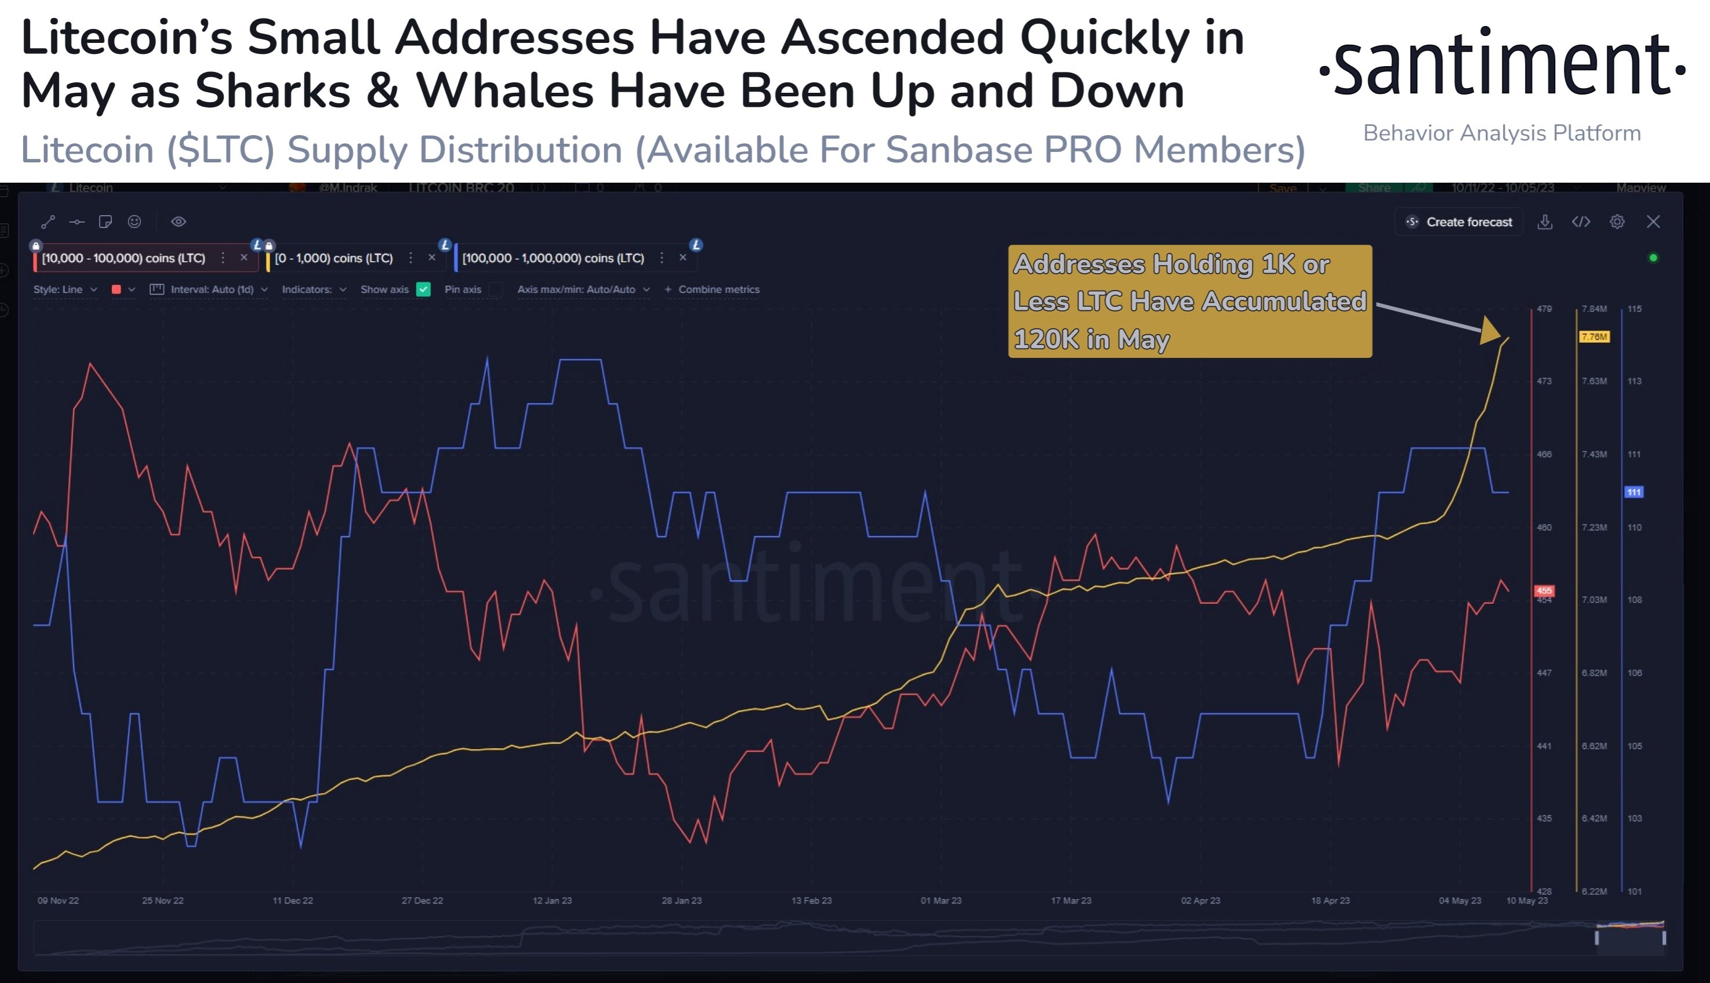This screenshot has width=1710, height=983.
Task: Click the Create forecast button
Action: pyautogui.click(x=1459, y=222)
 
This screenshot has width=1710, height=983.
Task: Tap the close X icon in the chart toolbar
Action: pyautogui.click(x=1653, y=222)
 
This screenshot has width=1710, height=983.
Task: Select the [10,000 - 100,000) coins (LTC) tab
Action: pyautogui.click(x=124, y=258)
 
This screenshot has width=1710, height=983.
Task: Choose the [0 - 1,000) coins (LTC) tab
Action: pyautogui.click(x=334, y=258)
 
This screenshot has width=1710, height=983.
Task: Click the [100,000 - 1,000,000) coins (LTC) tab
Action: pyautogui.click(x=553, y=258)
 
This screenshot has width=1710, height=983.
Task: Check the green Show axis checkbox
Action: pyautogui.click(x=424, y=289)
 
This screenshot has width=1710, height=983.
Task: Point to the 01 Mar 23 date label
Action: pyautogui.click(x=941, y=901)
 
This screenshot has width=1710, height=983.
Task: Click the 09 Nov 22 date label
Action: pyautogui.click(x=58, y=901)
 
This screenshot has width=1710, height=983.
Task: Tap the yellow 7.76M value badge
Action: pyautogui.click(x=1594, y=336)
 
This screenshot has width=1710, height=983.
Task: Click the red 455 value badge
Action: pyautogui.click(x=1544, y=591)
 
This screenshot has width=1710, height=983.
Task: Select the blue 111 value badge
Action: pyautogui.click(x=1633, y=492)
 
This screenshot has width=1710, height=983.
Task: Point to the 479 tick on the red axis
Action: pyautogui.click(x=1544, y=309)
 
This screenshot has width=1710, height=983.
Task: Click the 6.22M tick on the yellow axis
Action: pyautogui.click(x=1594, y=891)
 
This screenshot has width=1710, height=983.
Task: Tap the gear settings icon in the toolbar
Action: pyautogui.click(x=1617, y=222)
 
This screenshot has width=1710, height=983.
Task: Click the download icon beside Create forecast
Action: pyautogui.click(x=1545, y=222)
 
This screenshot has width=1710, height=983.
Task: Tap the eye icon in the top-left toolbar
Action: pyautogui.click(x=178, y=222)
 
